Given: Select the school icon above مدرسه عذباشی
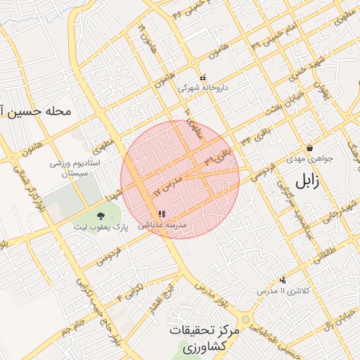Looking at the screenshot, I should coord(162,214).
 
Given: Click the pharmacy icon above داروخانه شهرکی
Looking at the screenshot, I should coord(203,78).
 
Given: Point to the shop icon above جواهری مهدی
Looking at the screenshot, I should coord(310,148).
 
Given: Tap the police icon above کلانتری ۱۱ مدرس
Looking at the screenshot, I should coord(283,280).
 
